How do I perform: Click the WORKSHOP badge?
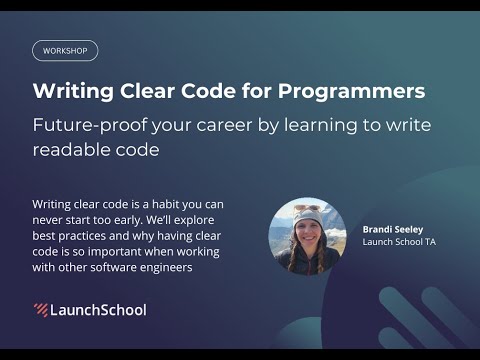tap(65, 50)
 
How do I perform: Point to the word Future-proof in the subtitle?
tap(93, 125)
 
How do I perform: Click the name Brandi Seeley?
tap(392, 229)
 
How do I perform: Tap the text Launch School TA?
tap(399, 242)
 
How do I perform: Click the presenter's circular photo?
tap(307, 236)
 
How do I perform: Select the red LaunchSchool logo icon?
tap(40, 310)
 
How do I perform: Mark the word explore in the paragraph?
tap(203, 221)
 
